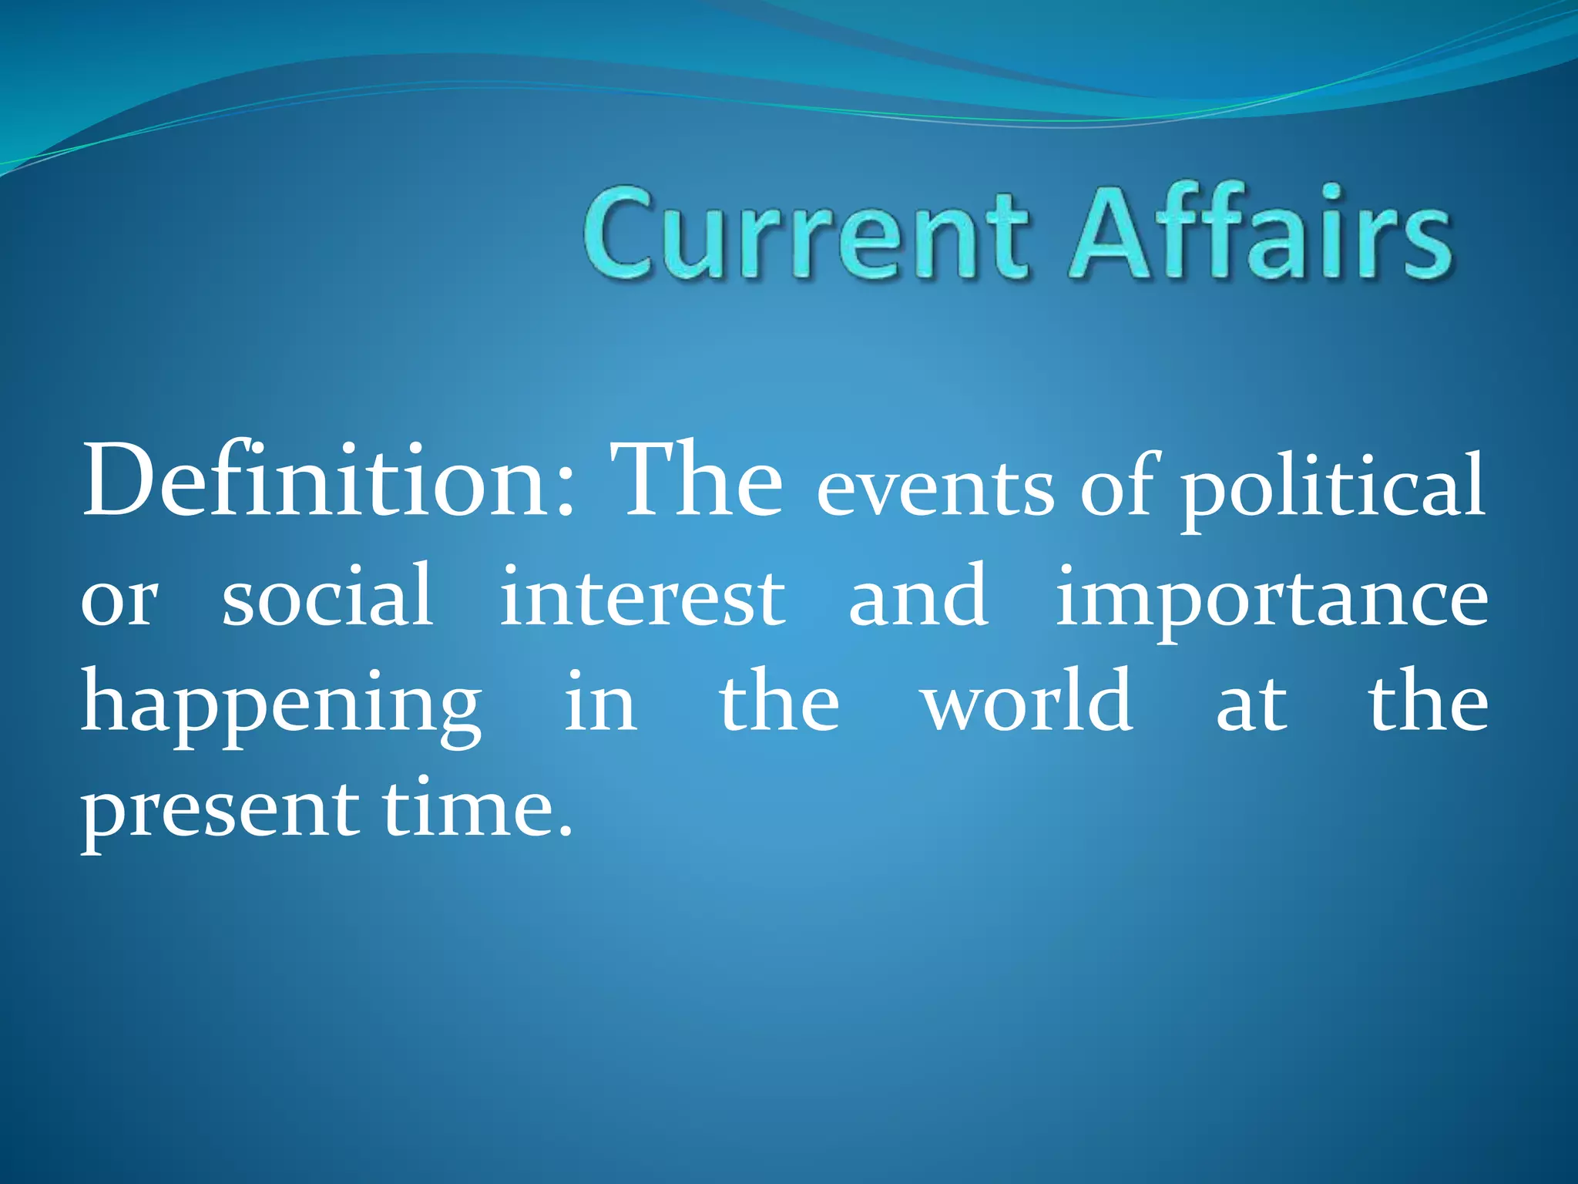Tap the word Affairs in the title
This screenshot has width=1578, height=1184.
coord(1261,230)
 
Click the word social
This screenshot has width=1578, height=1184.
coord(327,595)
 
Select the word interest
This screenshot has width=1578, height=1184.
coord(643,595)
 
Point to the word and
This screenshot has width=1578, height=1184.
coord(918,595)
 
